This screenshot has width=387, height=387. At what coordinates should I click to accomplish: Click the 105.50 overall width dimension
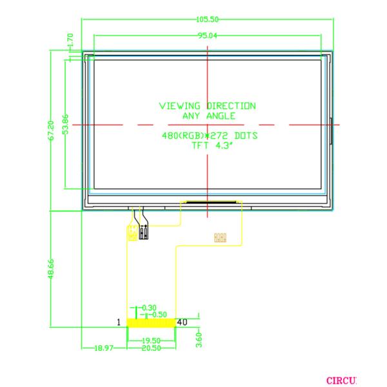click(207, 20)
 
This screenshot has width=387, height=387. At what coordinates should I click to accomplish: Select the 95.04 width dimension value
click(207, 35)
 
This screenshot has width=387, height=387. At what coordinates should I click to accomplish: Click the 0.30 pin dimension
click(149, 307)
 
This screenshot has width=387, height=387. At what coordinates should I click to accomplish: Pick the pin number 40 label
click(182, 322)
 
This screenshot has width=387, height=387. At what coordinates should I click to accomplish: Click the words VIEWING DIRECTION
click(207, 106)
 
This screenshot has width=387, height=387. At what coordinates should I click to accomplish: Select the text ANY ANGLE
click(208, 115)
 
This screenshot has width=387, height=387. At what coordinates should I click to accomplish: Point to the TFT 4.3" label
click(210, 145)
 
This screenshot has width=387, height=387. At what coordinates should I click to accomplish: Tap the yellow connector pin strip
click(151, 322)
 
